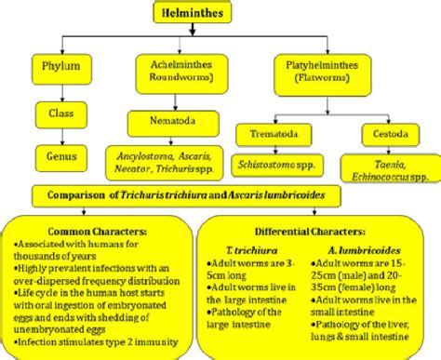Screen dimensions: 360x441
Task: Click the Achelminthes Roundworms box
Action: click(177, 71)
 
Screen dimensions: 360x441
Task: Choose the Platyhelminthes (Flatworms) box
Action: click(323, 72)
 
